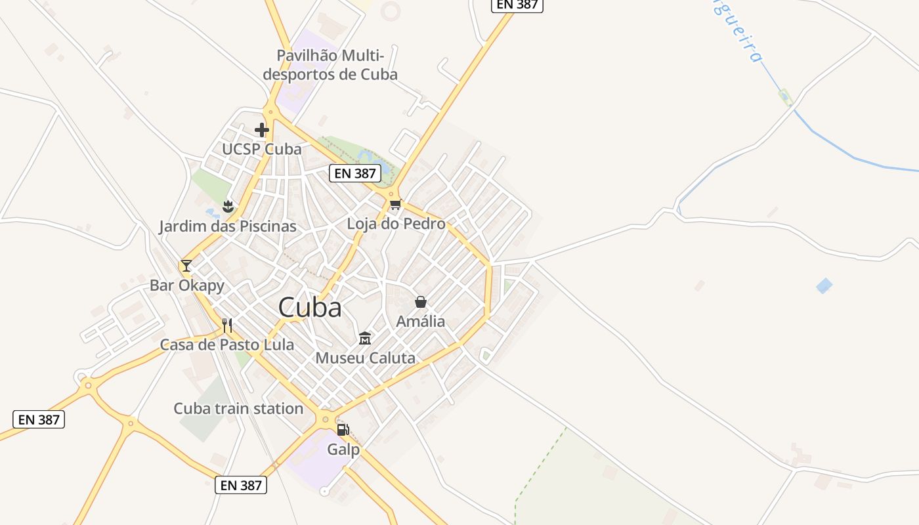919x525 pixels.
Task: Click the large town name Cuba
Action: click(x=310, y=308)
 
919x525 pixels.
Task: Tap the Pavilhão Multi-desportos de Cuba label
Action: click(x=330, y=65)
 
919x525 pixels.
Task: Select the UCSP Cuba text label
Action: click(x=261, y=150)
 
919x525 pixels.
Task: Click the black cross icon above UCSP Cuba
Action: click(x=262, y=130)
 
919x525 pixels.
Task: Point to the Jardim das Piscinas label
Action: click(x=227, y=227)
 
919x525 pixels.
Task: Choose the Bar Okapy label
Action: click(x=187, y=285)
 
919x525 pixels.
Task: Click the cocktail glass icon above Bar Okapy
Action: click(x=186, y=266)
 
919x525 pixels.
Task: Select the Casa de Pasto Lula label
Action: click(x=227, y=345)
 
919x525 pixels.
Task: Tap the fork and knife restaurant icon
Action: click(x=227, y=325)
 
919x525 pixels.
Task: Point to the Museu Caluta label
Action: click(x=365, y=358)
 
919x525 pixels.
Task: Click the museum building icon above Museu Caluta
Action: click(x=365, y=339)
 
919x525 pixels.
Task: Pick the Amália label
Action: click(x=420, y=322)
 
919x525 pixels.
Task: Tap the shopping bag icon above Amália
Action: click(x=421, y=302)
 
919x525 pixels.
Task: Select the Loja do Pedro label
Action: click(x=396, y=224)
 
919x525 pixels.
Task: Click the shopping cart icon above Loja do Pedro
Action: click(x=395, y=205)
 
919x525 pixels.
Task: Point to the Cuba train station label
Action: click(x=238, y=409)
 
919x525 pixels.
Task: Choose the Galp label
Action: click(x=343, y=450)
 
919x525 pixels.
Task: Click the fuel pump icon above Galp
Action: click(x=343, y=430)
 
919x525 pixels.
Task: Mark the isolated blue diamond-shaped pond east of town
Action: click(x=824, y=285)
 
